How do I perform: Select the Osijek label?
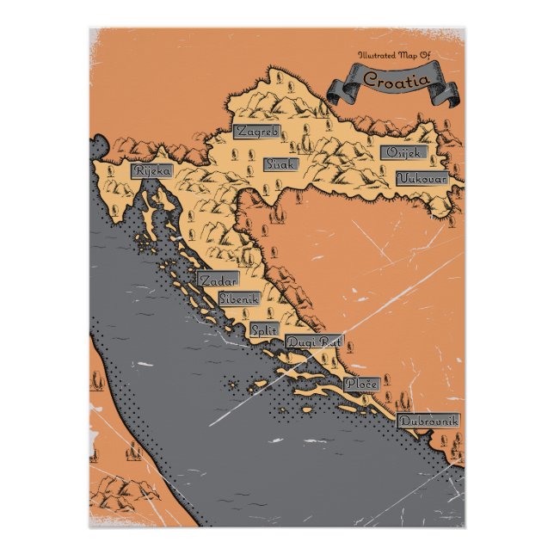403,152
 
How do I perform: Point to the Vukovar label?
422,179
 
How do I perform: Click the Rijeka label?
151,170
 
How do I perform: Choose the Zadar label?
217,280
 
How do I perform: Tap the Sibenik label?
238,299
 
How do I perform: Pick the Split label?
263,329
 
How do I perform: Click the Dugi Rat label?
313,342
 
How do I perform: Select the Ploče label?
360,384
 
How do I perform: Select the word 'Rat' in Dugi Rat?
330,342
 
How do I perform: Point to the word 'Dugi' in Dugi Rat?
301,342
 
